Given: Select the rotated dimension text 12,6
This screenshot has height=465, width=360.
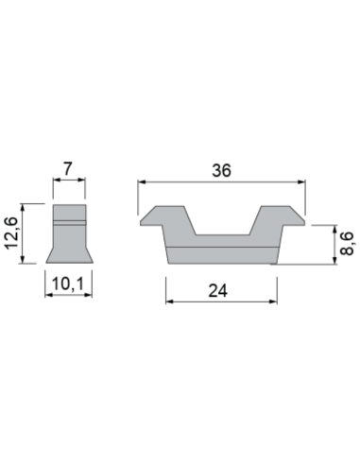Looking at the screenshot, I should coord(11,233).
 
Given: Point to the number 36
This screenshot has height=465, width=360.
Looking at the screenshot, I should coord(222,172).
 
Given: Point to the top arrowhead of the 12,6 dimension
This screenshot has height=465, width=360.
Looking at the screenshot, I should coord(29,207).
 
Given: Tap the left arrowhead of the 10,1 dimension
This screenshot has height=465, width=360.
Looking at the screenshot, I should coord(47,293).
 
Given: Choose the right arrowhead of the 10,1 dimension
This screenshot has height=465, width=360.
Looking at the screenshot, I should coord(89,293).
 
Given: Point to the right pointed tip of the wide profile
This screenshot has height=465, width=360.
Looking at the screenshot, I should coord(305,222).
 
